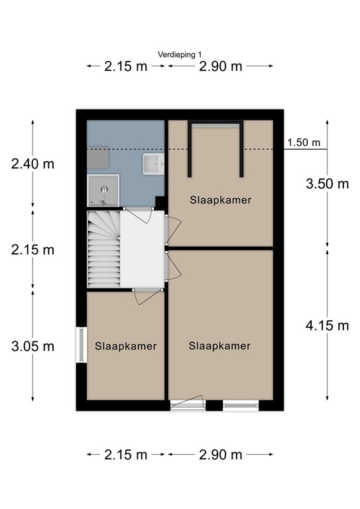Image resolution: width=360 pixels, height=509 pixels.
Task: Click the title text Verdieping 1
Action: point(180,54)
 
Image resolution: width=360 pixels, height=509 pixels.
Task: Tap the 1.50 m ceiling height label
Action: point(304,142)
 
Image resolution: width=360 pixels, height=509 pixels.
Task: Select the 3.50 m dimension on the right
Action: point(328,184)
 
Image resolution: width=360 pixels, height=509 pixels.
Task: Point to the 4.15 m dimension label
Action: point(328,325)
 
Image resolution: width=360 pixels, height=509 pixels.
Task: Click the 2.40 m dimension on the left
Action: point(32,164)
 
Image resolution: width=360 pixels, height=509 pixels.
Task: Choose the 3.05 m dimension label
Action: point(32,347)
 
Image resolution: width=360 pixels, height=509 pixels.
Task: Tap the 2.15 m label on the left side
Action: point(32,250)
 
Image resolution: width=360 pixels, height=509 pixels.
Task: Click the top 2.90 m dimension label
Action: point(221,66)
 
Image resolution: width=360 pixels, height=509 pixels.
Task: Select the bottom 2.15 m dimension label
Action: point(125,455)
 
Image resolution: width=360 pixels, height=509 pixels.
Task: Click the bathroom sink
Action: point(153,164)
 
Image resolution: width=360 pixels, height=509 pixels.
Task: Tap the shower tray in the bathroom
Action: point(103,191)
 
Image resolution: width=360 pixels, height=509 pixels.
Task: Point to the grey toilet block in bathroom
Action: point(97,158)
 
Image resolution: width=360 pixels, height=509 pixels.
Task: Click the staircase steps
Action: point(104,249)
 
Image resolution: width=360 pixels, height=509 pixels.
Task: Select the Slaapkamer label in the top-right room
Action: point(221,200)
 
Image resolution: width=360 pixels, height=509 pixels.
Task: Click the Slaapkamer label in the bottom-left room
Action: point(125,346)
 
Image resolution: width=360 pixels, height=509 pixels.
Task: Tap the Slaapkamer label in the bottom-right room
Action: point(219,346)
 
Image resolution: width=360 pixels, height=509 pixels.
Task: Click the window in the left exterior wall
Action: point(81,345)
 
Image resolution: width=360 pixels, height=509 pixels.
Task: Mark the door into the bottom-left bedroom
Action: point(148,296)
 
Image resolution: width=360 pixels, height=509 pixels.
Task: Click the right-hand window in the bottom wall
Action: point(241,406)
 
